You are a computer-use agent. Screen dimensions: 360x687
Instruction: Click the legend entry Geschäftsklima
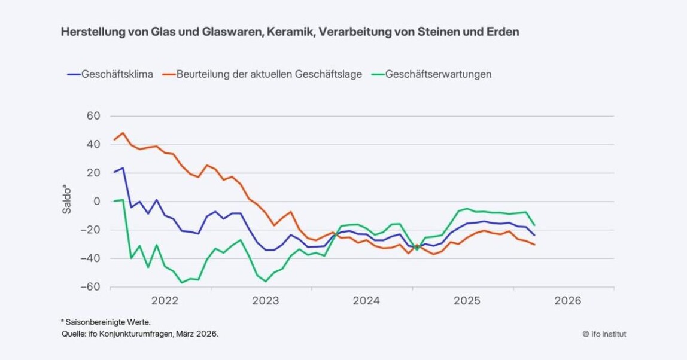117,74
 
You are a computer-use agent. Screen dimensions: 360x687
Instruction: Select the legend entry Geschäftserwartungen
439,74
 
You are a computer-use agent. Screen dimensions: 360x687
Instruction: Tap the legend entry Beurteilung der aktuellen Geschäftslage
269,74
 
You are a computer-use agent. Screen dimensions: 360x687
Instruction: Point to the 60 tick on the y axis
92,115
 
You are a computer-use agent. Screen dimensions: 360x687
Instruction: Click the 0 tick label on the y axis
96,202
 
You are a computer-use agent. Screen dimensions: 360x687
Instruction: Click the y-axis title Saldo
68,202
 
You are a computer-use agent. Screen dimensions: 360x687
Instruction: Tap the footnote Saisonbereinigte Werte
104,322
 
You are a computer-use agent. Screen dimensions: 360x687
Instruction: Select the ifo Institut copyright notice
604,334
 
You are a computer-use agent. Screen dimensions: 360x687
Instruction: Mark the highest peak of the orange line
123,133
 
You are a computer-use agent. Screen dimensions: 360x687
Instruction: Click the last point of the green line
534,225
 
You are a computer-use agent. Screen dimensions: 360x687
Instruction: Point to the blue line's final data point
534,235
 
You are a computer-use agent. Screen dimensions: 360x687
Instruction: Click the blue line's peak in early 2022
123,168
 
